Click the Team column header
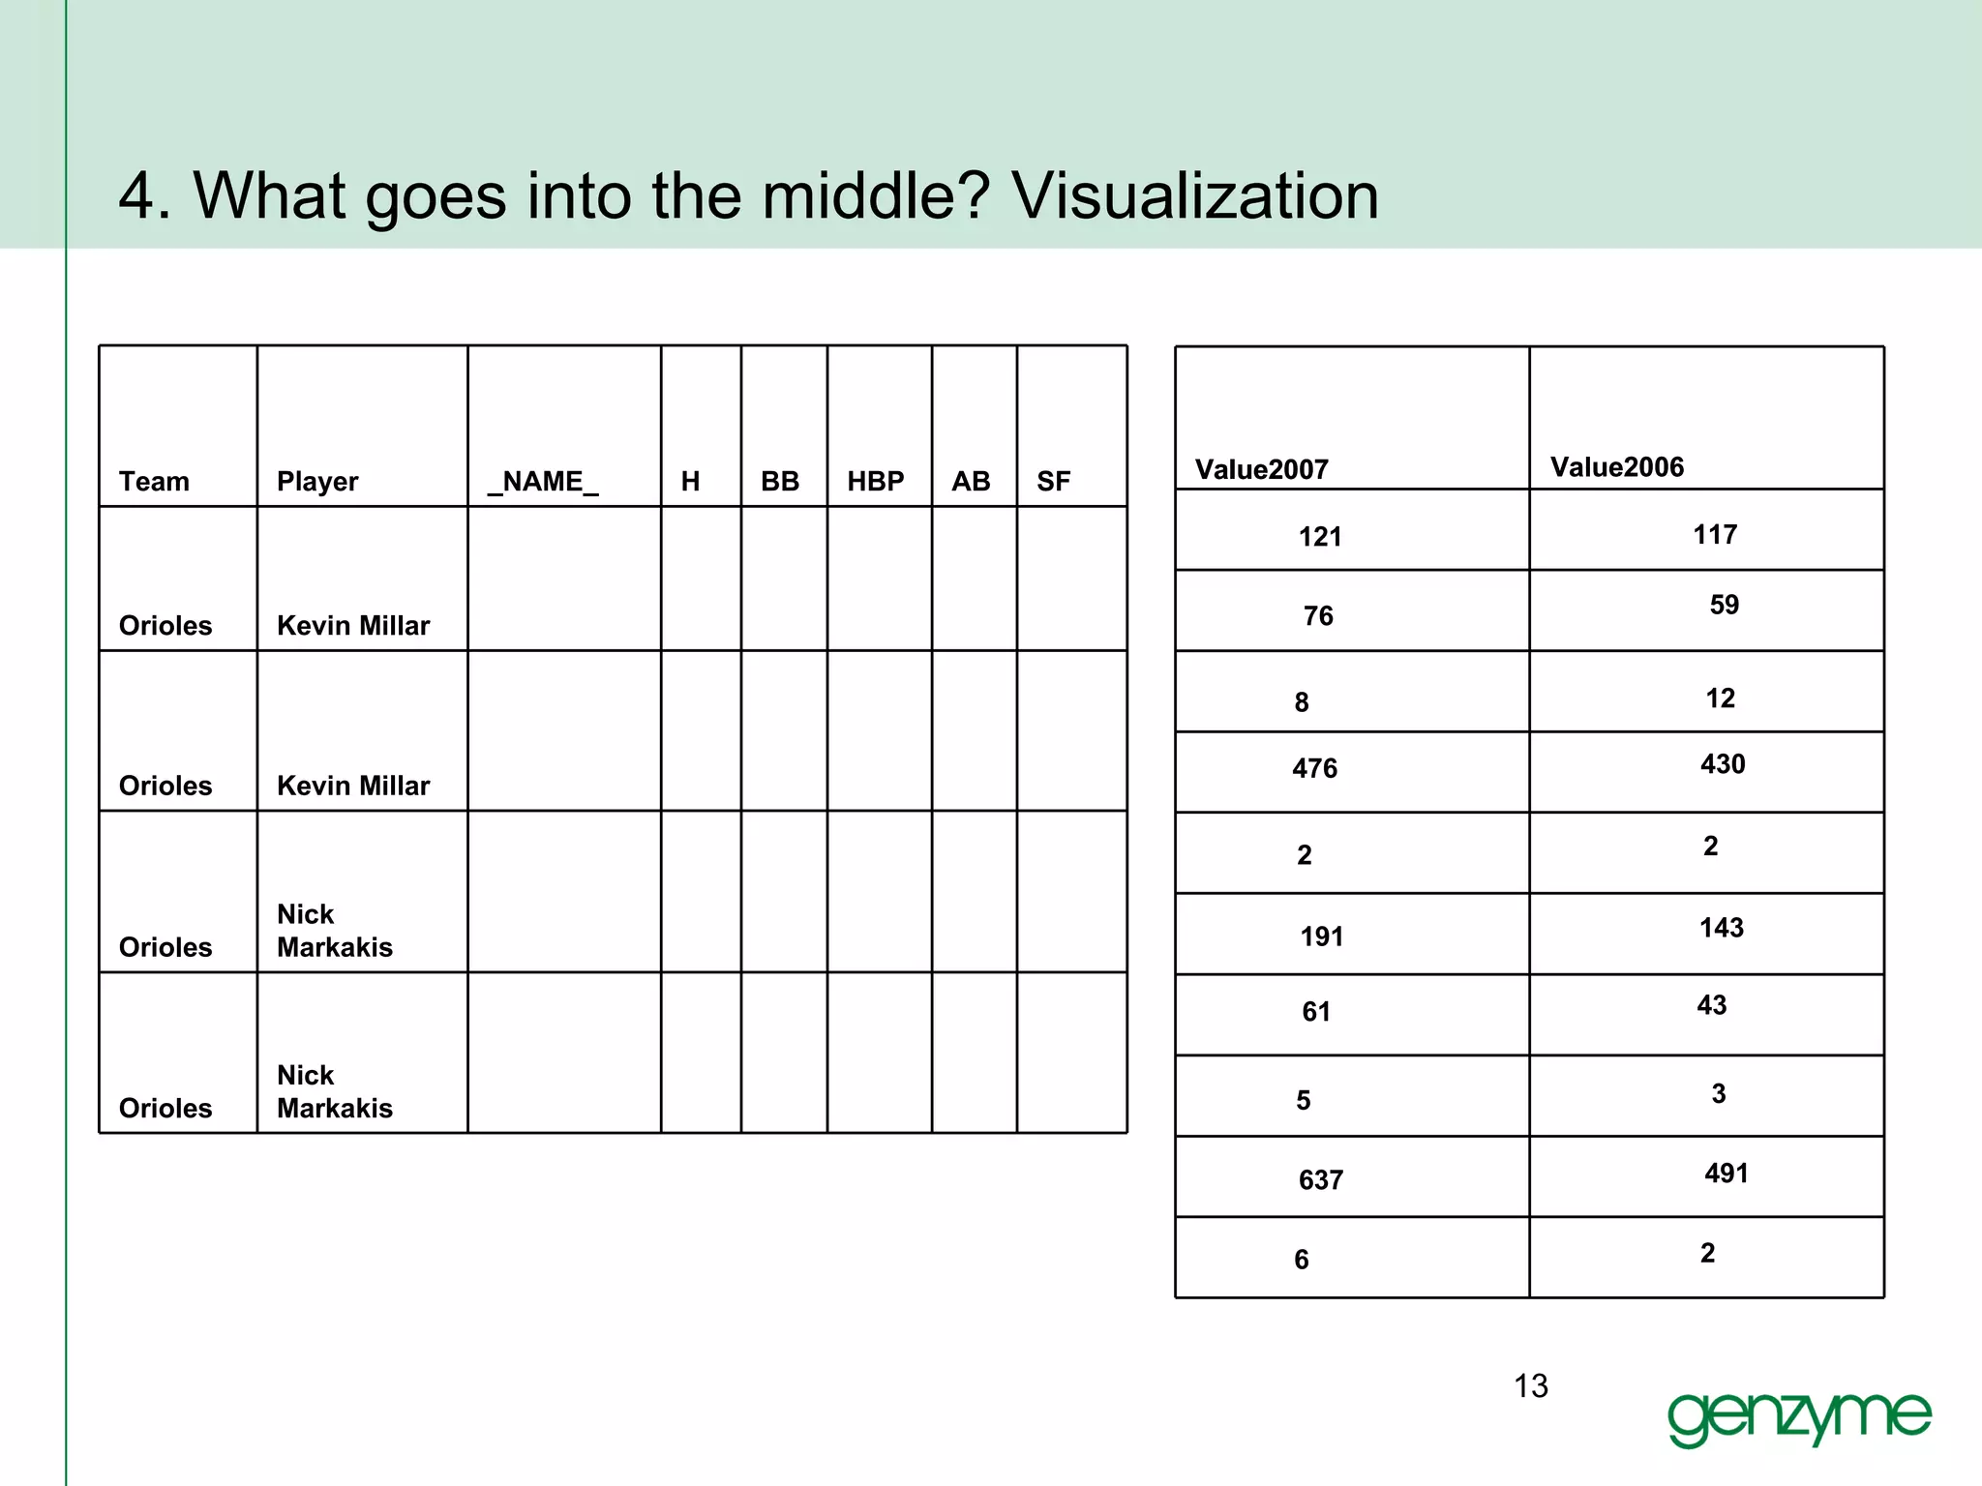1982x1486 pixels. click(154, 482)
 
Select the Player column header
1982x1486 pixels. click(317, 482)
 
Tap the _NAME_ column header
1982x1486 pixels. click(543, 482)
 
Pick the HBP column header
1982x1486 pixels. click(876, 482)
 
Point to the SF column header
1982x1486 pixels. click(1053, 482)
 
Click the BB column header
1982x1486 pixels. click(780, 482)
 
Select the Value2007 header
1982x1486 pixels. click(1261, 470)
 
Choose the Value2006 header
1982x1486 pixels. click(1617, 467)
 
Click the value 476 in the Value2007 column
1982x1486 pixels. click(1314, 769)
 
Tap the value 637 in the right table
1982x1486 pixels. click(1320, 1180)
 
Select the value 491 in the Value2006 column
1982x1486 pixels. click(1727, 1174)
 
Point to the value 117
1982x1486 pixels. click(1715, 534)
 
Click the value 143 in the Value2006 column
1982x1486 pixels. click(1722, 928)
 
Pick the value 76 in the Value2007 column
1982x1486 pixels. click(1318, 616)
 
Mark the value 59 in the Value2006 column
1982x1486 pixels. click(1724, 605)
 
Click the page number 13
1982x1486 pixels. click(1531, 1386)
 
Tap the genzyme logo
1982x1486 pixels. click(1799, 1417)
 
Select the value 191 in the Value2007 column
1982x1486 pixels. click(1321, 936)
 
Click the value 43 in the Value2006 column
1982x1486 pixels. click(1711, 1005)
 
